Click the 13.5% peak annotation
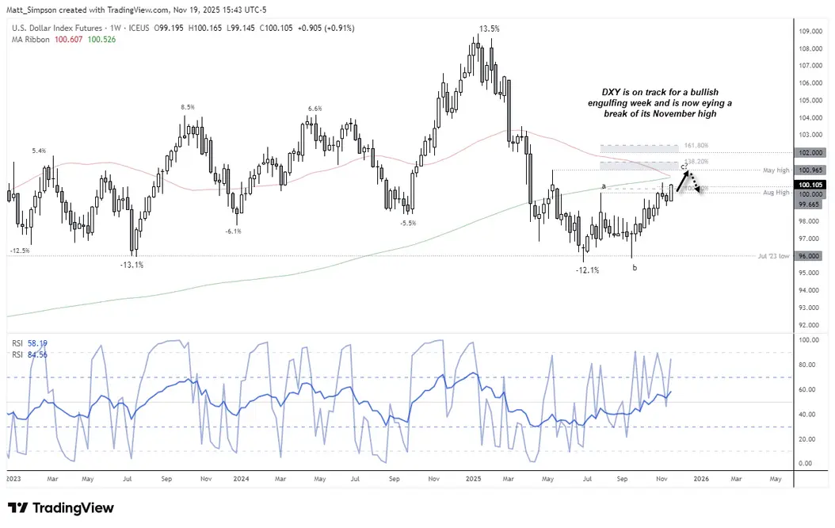[489, 29]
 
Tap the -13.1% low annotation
[131, 265]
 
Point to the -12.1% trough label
[586, 270]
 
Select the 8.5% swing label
[187, 107]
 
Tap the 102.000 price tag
[811, 153]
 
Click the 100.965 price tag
[811, 170]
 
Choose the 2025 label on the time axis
[473, 479]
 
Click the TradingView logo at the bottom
[61, 508]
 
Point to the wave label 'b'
[634, 268]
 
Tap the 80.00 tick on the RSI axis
[807, 365]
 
